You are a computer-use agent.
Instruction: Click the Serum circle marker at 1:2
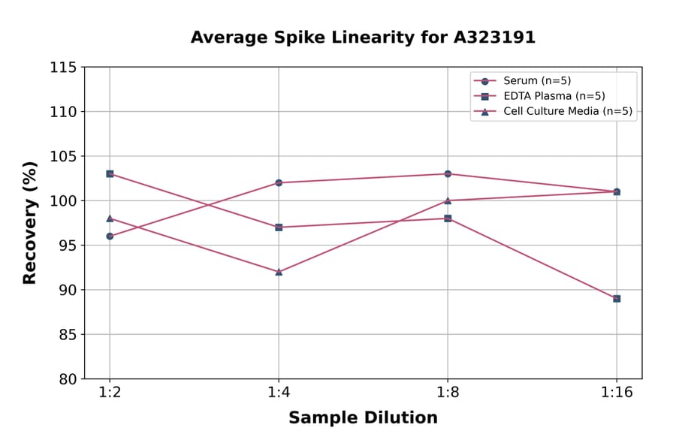coord(110,236)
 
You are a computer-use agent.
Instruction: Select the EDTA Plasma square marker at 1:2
coord(110,173)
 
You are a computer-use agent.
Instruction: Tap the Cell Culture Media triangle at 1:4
coord(279,272)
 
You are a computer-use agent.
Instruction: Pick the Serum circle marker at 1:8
coord(448,173)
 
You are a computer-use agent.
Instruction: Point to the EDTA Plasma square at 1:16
coord(617,298)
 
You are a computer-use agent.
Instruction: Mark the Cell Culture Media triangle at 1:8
coord(448,200)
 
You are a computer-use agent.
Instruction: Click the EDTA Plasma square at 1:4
coord(279,227)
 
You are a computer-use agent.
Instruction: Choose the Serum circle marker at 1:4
coord(279,182)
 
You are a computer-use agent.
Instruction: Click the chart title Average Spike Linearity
coord(363,38)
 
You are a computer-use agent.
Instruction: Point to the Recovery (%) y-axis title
coord(30,222)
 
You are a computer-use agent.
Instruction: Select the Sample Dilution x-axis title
coord(363,417)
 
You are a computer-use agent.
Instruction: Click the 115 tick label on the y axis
coord(63,68)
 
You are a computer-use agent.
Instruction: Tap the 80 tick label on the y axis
coord(68,379)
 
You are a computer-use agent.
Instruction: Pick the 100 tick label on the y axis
coord(63,201)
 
